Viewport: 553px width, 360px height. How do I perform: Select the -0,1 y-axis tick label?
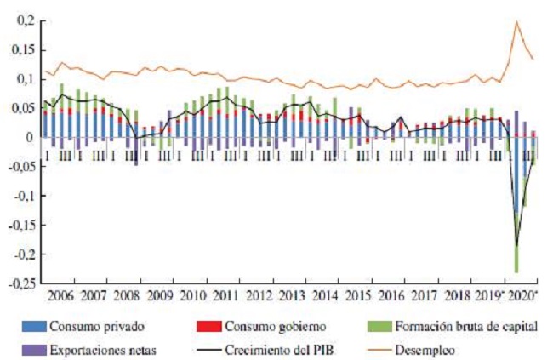click(26, 196)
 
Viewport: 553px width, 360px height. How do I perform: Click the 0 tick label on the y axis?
click(33, 137)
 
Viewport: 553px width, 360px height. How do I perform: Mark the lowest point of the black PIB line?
click(516, 247)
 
